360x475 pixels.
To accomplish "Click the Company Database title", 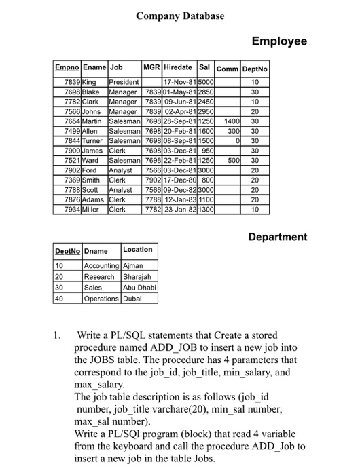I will tap(179, 16).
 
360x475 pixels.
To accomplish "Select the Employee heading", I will tap(279, 42).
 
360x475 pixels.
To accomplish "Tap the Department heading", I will tap(277, 237).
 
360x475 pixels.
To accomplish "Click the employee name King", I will tap(90, 81).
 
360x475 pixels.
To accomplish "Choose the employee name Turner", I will tap(94, 140).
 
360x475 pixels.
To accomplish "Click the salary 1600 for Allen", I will tap(206, 130).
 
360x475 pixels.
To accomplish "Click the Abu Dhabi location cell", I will tap(139, 287).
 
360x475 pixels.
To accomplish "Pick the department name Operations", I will tap(101, 297).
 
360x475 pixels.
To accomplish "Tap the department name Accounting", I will tap(101, 267).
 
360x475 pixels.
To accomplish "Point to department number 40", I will tap(59, 297).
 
